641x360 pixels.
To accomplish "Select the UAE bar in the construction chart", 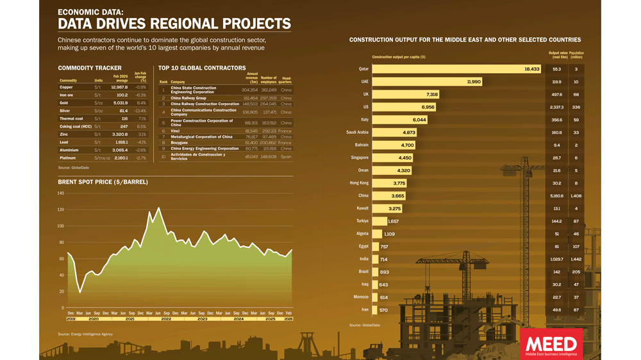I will tap(427, 82).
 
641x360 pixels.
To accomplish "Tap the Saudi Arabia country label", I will tap(358, 133).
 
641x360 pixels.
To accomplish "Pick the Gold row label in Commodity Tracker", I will tap(64, 103).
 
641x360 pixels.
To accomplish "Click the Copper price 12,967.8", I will tap(119, 87).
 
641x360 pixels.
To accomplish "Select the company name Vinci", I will tap(175, 131).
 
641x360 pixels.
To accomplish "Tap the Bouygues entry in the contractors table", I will tap(179, 142).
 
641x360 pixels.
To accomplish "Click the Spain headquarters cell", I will tap(286, 156).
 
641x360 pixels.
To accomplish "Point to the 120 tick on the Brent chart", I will tap(61, 210).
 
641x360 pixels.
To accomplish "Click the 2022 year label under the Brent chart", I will tap(166, 318).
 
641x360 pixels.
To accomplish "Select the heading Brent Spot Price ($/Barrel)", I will tap(103, 182).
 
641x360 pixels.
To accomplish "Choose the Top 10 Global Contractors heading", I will tap(202, 68).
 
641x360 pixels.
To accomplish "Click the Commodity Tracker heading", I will tap(90, 68).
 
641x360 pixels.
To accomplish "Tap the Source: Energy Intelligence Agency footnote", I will tap(85, 334).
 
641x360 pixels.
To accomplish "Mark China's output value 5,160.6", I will tap(556, 196).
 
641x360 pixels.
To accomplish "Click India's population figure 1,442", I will tap(576, 259).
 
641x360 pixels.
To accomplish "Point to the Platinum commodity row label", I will tap(67, 158).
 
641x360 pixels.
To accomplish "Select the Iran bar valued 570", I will tap(380, 310).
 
